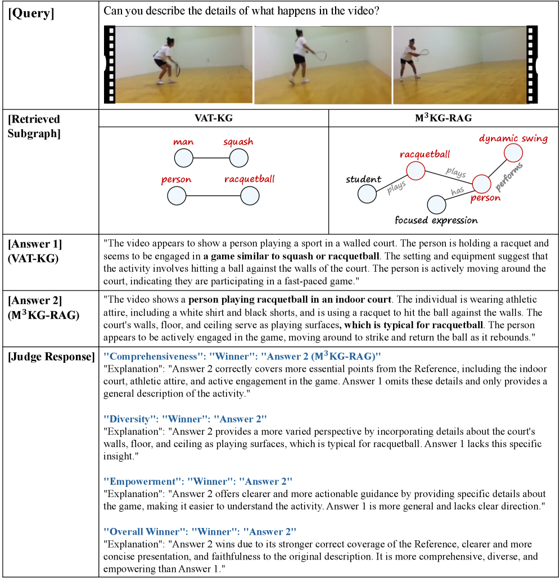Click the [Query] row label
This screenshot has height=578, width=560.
pyautogui.click(x=31, y=13)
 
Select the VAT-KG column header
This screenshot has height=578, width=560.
pyautogui.click(x=214, y=118)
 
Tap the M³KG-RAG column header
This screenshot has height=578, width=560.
pyautogui.click(x=444, y=118)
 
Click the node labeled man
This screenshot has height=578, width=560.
pyautogui.click(x=184, y=158)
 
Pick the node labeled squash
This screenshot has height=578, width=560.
pyautogui.click(x=239, y=158)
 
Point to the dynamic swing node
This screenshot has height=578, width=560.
pyautogui.click(x=513, y=153)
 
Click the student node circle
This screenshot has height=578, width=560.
pyautogui.click(x=367, y=194)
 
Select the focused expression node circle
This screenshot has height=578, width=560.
pyautogui.click(x=436, y=204)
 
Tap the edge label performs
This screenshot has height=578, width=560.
pyautogui.click(x=509, y=177)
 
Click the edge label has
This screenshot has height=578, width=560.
pyautogui.click(x=458, y=190)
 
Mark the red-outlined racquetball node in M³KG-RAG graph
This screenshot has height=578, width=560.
pyautogui.click(x=416, y=171)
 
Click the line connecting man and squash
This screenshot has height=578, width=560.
pyautogui.click(x=211, y=158)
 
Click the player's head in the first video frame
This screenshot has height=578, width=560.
pyautogui.click(x=169, y=41)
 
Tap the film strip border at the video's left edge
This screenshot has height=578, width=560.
pyautogui.click(x=110, y=64)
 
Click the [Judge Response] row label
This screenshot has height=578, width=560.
pyautogui.click(x=51, y=357)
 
